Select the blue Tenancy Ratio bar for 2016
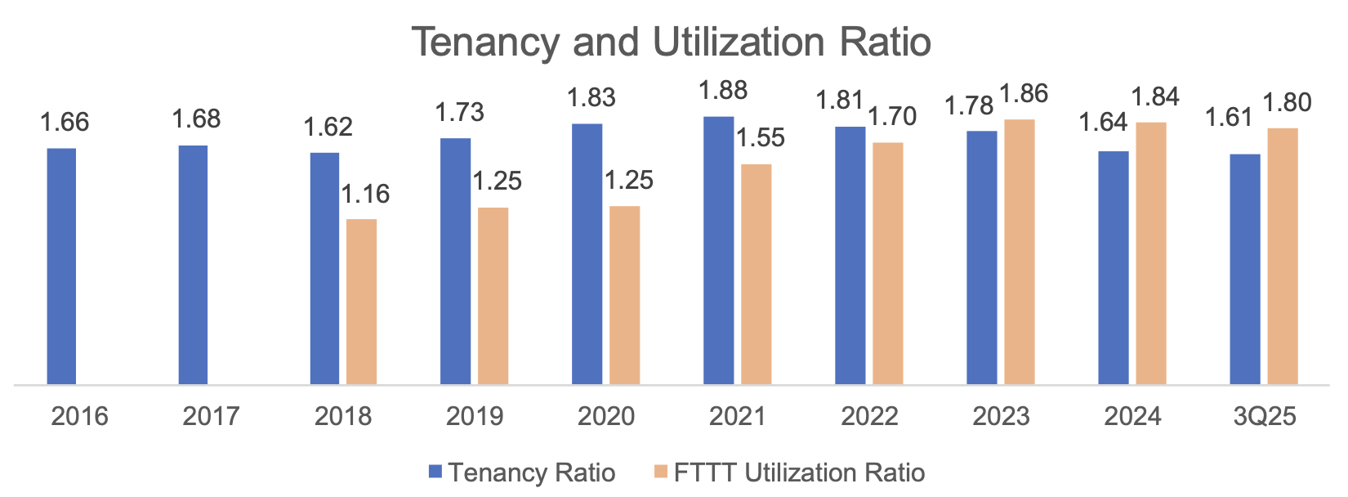tap(62, 266)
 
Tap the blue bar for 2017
tap(193, 264)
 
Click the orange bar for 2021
tap(756, 274)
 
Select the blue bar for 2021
tap(718, 250)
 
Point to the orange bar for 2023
tap(1019, 252)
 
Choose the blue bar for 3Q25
tap(1245, 269)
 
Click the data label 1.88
tap(723, 91)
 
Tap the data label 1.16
tap(365, 195)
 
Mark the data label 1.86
tap(1024, 94)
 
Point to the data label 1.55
tap(761, 138)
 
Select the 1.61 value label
tap(1230, 118)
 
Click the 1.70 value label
tap(892, 117)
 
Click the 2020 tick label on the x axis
tap(606, 416)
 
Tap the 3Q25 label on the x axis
tap(1264, 416)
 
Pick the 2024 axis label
tap(1132, 416)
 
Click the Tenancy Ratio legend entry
tap(523, 472)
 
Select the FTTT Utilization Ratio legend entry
tap(789, 472)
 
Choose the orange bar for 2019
tap(493, 295)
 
